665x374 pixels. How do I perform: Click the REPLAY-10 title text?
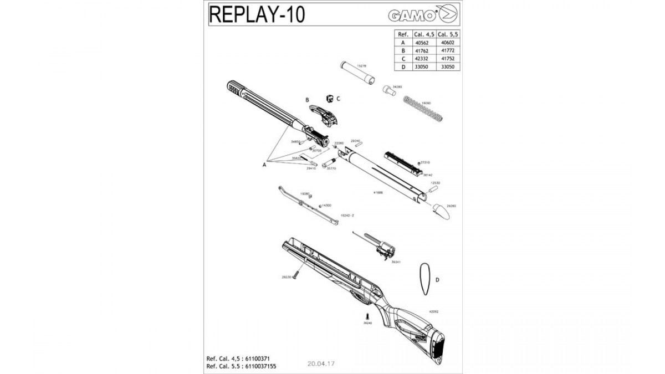[x=256, y=14]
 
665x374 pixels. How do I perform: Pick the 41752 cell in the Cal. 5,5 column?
[x=448, y=58]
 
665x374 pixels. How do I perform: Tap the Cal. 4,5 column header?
[x=424, y=33]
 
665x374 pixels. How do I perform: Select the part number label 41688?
[x=378, y=193]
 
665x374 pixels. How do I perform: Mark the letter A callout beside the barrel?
[x=265, y=163]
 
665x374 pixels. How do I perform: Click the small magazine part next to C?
[x=330, y=99]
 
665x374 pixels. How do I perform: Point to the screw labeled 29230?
[x=297, y=274]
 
